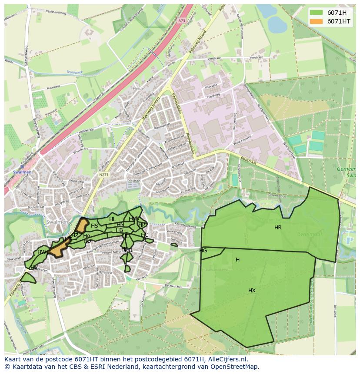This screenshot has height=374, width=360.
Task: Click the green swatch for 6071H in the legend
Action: tap(317, 13)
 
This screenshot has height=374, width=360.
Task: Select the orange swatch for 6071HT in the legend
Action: tap(317, 21)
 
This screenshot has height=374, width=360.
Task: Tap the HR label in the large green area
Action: tap(278, 228)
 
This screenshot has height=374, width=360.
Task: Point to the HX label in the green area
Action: tap(252, 291)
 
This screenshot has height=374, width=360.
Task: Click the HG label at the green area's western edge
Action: tap(203, 251)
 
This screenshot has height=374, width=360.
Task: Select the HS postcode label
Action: tap(94, 226)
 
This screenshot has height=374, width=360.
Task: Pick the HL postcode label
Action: tap(113, 219)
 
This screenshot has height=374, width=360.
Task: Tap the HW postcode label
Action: tap(42, 252)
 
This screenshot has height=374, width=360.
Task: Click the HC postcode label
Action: tap(145, 235)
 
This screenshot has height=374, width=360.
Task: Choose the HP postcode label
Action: tap(141, 225)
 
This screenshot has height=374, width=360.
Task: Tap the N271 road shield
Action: tap(103, 175)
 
